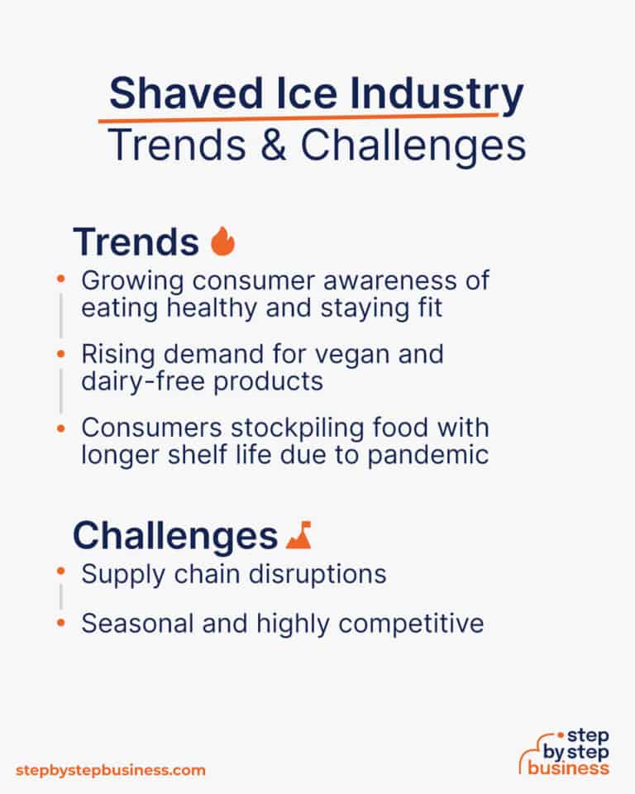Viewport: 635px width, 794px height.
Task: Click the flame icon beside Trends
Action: click(222, 242)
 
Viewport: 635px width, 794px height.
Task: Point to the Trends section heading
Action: click(136, 242)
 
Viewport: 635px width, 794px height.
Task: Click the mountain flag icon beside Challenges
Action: click(298, 537)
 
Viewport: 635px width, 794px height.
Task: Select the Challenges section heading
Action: click(174, 537)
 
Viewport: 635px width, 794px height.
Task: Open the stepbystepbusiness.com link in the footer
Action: click(110, 769)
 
